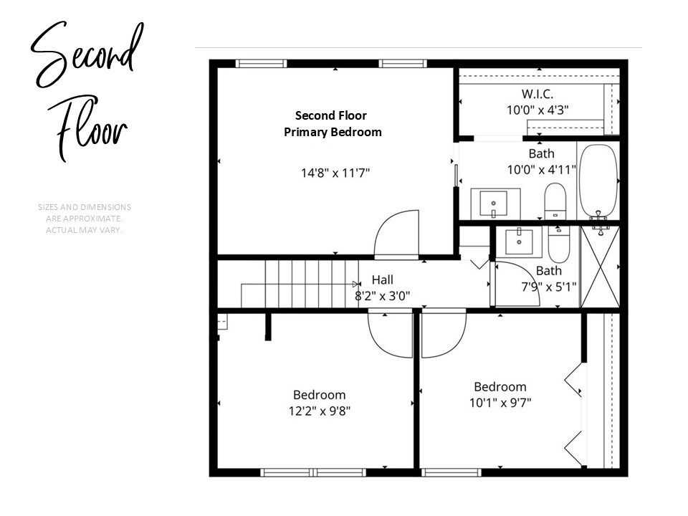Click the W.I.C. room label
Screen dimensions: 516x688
(537, 94)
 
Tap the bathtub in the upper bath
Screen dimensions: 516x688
(598, 182)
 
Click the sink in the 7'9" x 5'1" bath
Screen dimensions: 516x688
(518, 242)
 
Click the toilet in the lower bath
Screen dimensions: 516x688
(558, 244)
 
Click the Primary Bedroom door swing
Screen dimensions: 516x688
(396, 234)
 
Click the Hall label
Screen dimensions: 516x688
(382, 280)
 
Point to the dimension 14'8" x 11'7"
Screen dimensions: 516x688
(335, 173)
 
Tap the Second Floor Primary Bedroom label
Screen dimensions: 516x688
(333, 124)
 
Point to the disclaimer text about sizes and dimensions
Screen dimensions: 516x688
(85, 219)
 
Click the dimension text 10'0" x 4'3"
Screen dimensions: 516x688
(537, 110)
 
